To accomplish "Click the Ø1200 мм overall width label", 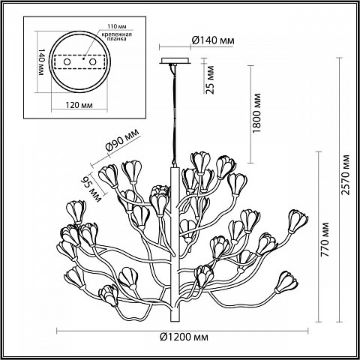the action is [x=184, y=337].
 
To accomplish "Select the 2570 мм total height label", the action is [x=346, y=175].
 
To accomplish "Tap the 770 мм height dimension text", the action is [x=325, y=240].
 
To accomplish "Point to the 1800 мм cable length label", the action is [x=256, y=113].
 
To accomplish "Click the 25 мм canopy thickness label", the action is [x=210, y=79].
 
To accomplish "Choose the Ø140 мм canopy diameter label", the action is [x=213, y=40].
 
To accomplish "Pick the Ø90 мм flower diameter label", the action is [x=122, y=140].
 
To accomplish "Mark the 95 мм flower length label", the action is [x=91, y=189].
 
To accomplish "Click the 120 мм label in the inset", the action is [x=79, y=105].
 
